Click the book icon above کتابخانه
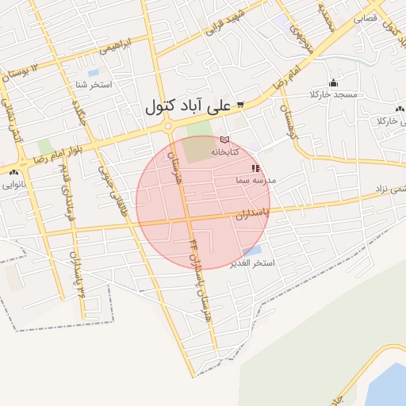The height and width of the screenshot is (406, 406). click(x=224, y=140)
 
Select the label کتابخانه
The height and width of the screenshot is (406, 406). click(x=220, y=151)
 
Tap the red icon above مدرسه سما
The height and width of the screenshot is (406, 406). click(x=255, y=168)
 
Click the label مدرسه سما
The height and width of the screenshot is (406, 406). click(x=255, y=181)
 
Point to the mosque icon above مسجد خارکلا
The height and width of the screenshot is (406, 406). click(x=333, y=82)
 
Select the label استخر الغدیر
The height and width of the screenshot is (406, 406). click(x=251, y=263)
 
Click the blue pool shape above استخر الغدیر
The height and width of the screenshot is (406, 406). click(x=252, y=251)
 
